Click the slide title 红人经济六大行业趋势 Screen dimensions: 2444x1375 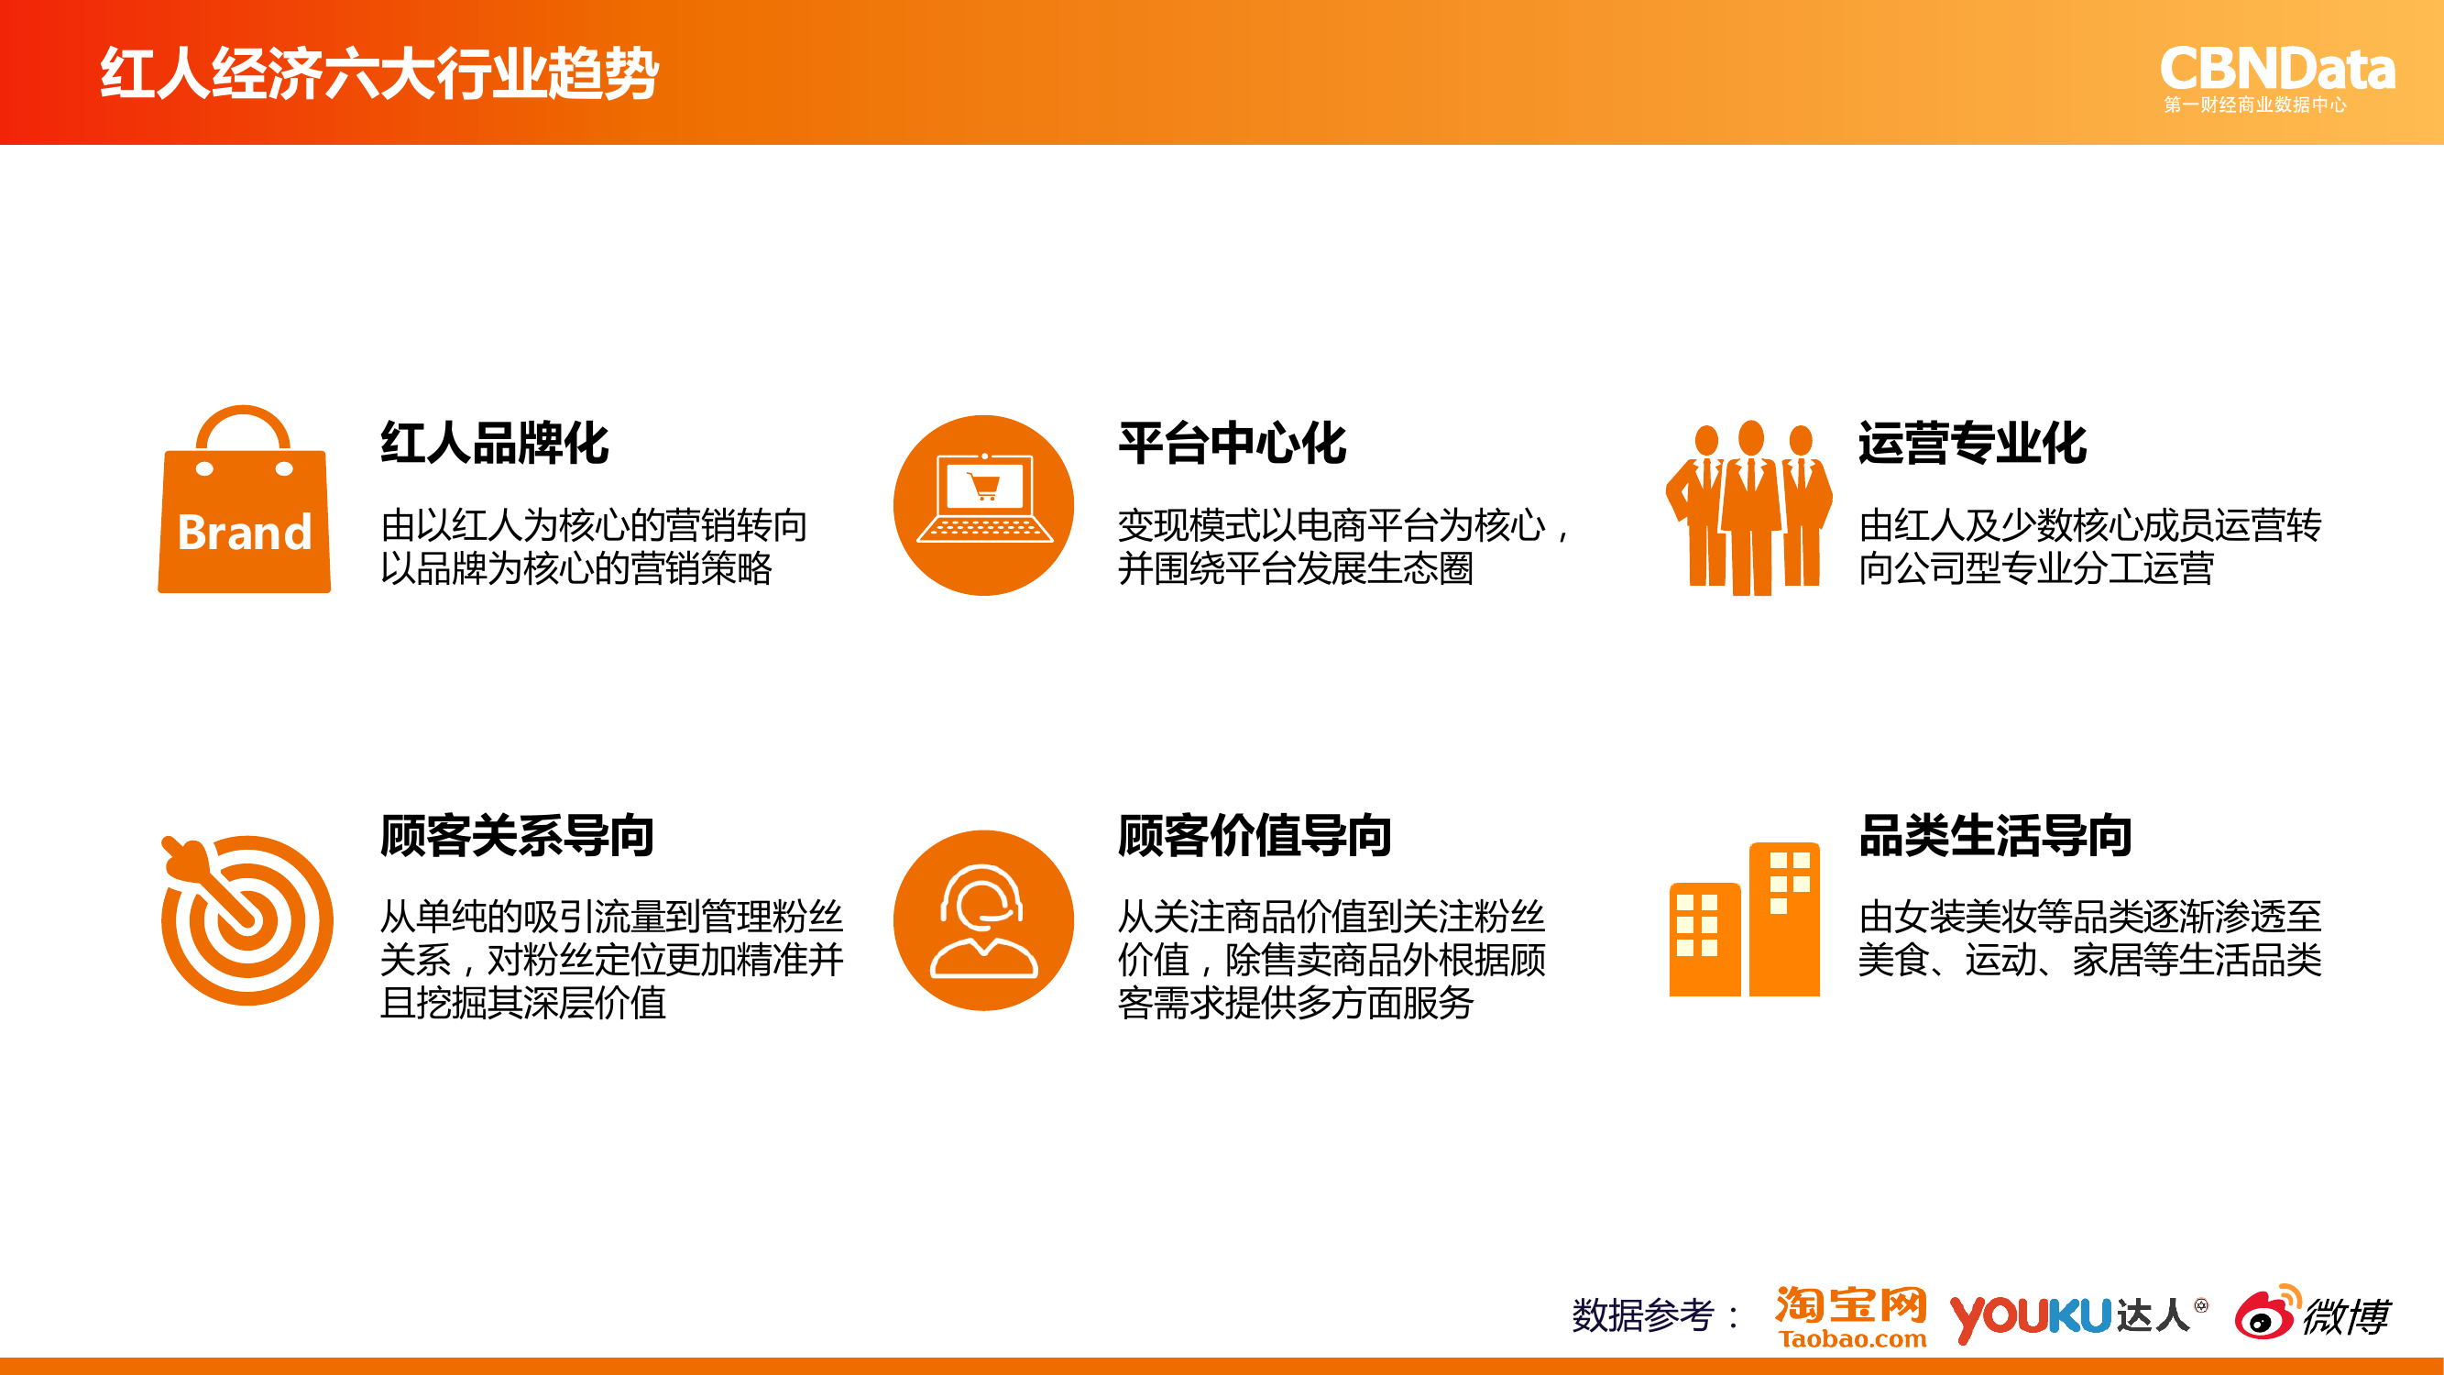tap(379, 73)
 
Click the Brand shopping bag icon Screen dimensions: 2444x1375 tap(244, 500)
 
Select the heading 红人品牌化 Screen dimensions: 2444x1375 tap(494, 443)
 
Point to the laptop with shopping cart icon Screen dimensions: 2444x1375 tap(984, 505)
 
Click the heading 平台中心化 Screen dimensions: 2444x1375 tap(1233, 443)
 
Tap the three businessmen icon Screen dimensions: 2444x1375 tap(1749, 508)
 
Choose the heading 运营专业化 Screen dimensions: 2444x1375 tap(1972, 443)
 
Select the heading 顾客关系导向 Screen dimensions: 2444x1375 tap(517, 836)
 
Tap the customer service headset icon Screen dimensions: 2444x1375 tap(984, 920)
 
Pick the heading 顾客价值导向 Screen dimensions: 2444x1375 tap(1255, 836)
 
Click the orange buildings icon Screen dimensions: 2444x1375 tap(1745, 918)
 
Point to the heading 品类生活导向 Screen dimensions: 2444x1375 tap(1995, 836)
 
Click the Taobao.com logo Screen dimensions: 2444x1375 tap(1851, 1317)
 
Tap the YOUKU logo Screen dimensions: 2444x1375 tap(2031, 1317)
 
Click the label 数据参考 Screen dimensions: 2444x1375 tap(1643, 1316)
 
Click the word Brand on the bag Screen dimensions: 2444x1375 tap(245, 533)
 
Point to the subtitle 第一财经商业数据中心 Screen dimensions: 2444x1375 tap(2255, 105)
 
